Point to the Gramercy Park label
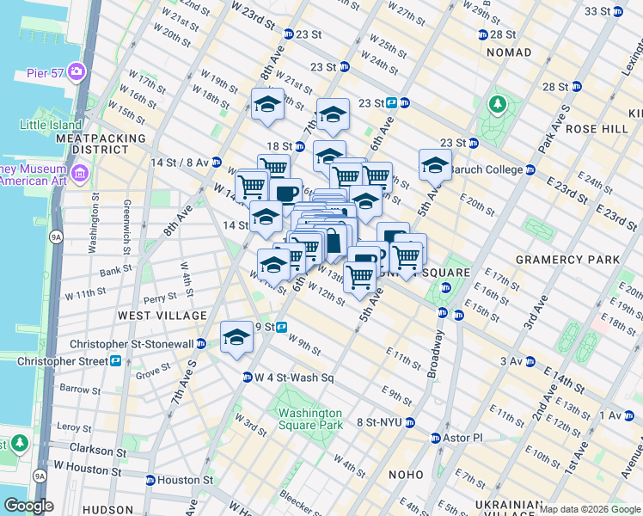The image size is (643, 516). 566,259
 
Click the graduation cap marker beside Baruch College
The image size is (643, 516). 435,163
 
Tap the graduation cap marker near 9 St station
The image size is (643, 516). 236,337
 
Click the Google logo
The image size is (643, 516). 29,506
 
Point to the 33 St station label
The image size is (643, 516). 602,11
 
